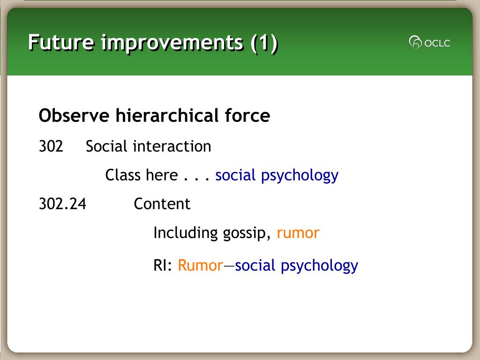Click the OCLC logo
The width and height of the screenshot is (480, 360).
[x=430, y=43]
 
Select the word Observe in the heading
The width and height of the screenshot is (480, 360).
[x=74, y=116]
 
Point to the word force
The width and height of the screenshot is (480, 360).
[x=247, y=115]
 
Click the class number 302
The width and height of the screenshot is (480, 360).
[x=51, y=146]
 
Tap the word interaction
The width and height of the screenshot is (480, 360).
[x=172, y=146]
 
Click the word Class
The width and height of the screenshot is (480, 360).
[x=123, y=175]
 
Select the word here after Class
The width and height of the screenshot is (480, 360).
[x=162, y=175]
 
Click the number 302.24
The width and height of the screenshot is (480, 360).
[x=62, y=204]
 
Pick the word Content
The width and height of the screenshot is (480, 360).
[x=162, y=204]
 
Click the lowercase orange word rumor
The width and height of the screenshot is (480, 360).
[x=298, y=233]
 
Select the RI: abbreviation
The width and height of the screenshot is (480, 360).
[x=163, y=265]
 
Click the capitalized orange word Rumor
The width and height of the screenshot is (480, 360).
[x=201, y=265]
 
